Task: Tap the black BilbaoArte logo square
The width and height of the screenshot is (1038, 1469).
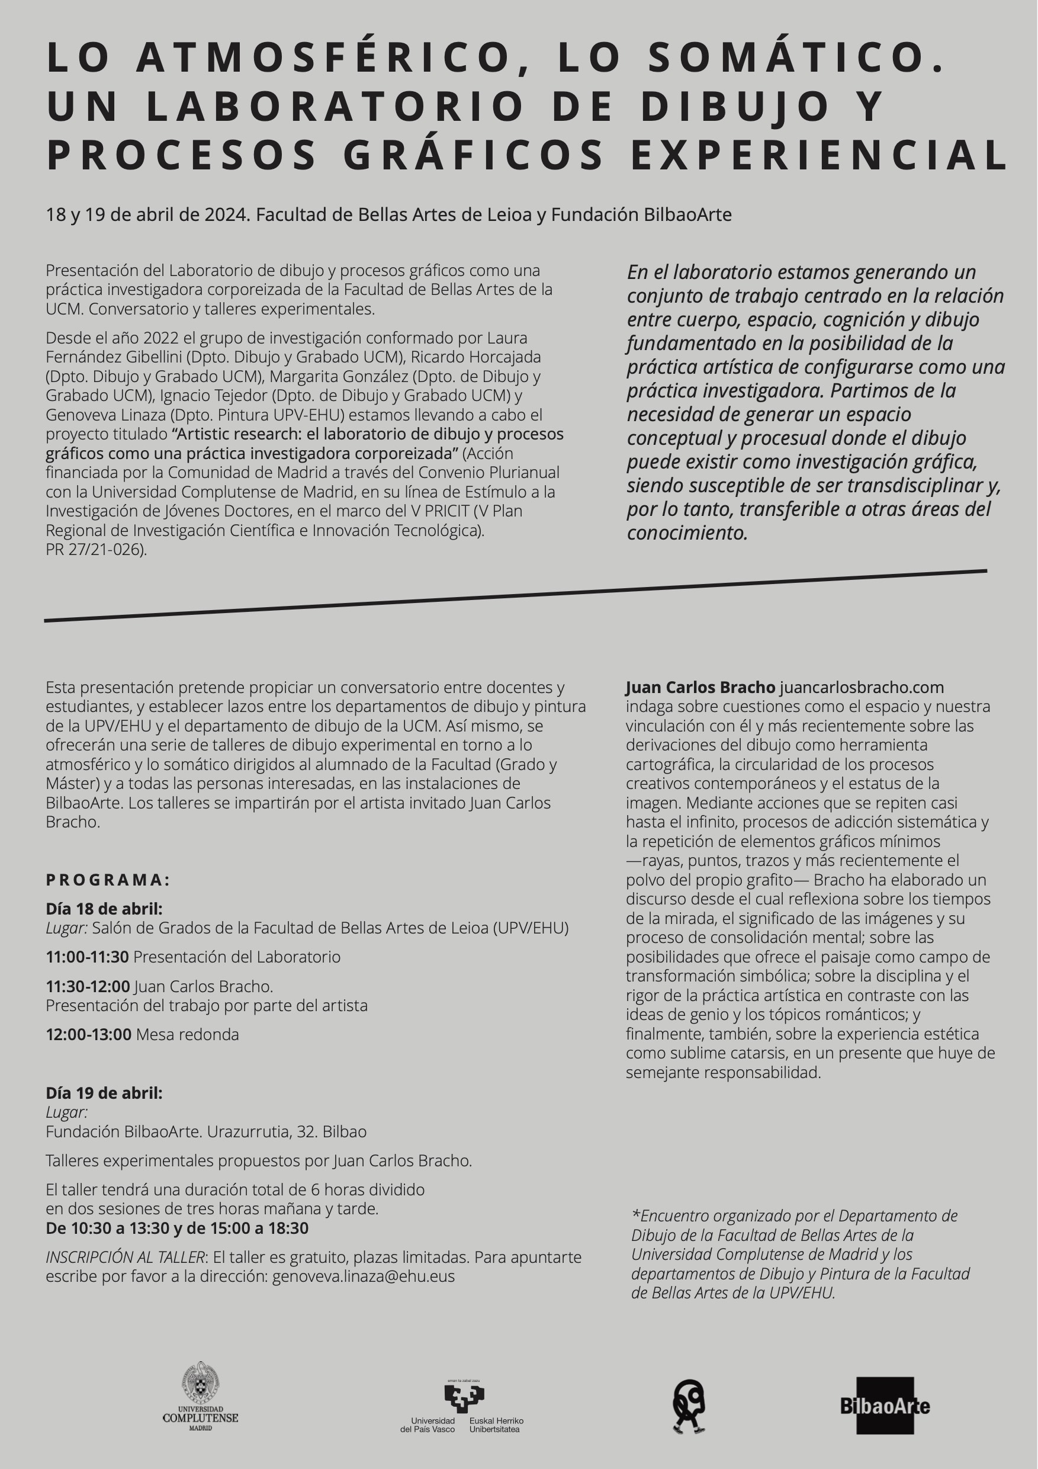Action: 885,1405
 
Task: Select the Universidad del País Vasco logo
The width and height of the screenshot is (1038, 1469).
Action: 462,1405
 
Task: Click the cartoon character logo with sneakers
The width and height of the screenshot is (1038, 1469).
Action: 689,1405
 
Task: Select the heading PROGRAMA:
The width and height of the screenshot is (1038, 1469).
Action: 107,880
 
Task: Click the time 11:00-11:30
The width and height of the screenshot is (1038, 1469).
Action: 87,957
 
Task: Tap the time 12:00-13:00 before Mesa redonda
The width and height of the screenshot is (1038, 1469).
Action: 88,1034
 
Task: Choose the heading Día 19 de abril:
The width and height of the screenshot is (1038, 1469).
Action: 104,1093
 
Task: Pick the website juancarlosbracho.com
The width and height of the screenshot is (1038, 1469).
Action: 861,687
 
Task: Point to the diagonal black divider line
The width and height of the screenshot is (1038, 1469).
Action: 515,596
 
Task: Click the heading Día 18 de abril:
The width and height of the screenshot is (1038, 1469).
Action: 104,909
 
